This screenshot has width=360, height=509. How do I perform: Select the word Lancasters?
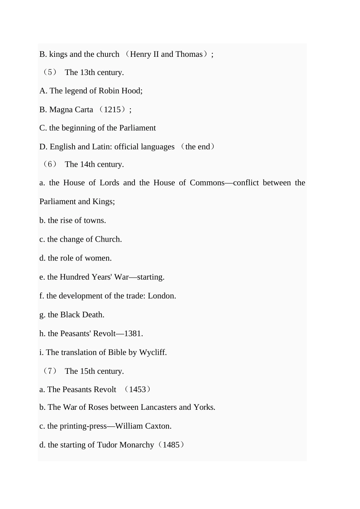158,408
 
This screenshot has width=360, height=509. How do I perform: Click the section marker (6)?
50,164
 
